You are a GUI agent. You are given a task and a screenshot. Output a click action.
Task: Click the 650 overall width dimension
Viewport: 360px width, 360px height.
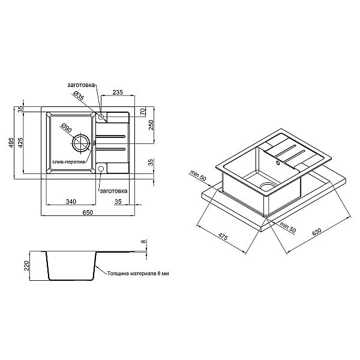pyautogui.click(x=88, y=212)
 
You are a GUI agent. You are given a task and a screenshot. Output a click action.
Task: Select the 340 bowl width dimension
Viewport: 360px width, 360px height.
pyautogui.click(x=71, y=202)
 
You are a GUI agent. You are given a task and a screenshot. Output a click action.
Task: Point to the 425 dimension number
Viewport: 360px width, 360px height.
pyautogui.click(x=20, y=143)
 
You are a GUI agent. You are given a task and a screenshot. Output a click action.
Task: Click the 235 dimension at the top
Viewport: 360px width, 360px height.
pyautogui.click(x=118, y=92)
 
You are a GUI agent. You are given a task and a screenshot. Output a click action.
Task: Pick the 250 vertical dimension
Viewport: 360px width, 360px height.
pyautogui.click(x=151, y=125)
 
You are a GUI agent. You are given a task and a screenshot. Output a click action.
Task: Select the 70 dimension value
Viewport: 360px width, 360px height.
pyautogui.click(x=143, y=112)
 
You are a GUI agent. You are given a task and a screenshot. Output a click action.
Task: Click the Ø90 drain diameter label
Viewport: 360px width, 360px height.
pyautogui.click(x=67, y=128)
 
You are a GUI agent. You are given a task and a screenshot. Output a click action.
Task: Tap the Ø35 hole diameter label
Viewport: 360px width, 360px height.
pyautogui.click(x=79, y=95)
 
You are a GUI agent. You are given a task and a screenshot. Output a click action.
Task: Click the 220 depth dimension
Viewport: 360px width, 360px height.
pyautogui.click(x=27, y=266)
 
